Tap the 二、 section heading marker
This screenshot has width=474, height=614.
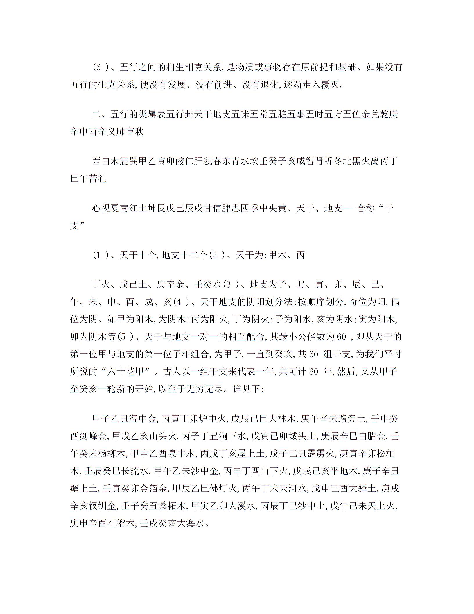pyautogui.click(x=100, y=114)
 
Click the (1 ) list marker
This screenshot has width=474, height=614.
pyautogui.click(x=100, y=255)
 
